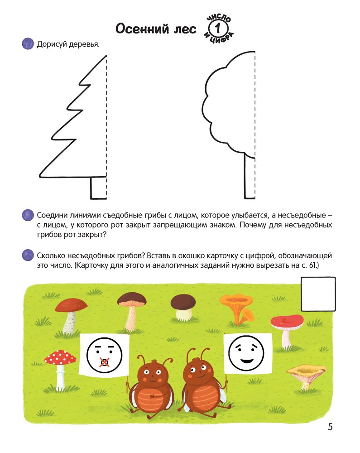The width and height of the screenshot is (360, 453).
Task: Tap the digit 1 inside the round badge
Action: [218, 28]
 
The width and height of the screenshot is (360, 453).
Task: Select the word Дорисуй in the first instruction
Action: [52, 44]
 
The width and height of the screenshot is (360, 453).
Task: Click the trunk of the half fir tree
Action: [98, 188]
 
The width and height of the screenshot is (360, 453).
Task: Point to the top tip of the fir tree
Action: [106, 55]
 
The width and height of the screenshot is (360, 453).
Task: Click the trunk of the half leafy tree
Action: [250, 177]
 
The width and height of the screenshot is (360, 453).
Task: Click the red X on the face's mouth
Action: [104, 362]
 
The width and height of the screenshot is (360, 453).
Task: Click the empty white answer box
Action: [318, 294]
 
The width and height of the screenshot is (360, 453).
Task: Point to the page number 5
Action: [330, 427]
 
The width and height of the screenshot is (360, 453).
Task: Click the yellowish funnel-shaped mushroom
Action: [306, 376]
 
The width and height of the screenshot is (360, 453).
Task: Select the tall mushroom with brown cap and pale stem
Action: [132, 311]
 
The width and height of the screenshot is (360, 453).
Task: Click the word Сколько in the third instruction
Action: [51, 255]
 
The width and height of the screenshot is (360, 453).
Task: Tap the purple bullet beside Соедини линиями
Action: [28, 215]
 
